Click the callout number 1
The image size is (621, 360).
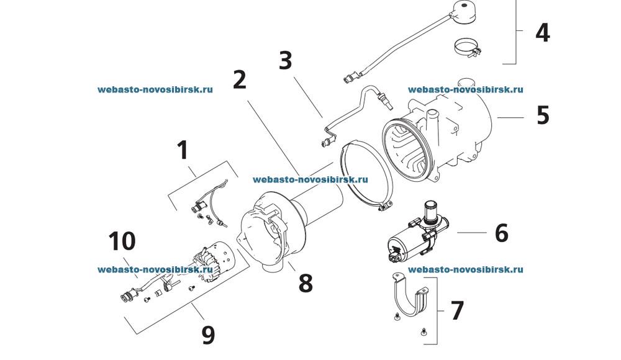182,150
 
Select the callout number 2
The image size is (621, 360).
240,79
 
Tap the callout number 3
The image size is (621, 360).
285,61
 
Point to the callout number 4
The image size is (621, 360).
542,32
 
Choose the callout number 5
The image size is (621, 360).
543,115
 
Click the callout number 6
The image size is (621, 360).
501,233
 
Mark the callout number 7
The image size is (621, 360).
457,310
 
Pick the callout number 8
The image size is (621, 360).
305,283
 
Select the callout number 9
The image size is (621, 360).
208,335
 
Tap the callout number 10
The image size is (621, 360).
122,240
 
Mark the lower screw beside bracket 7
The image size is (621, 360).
424,332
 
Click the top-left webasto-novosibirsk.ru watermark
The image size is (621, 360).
155,89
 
